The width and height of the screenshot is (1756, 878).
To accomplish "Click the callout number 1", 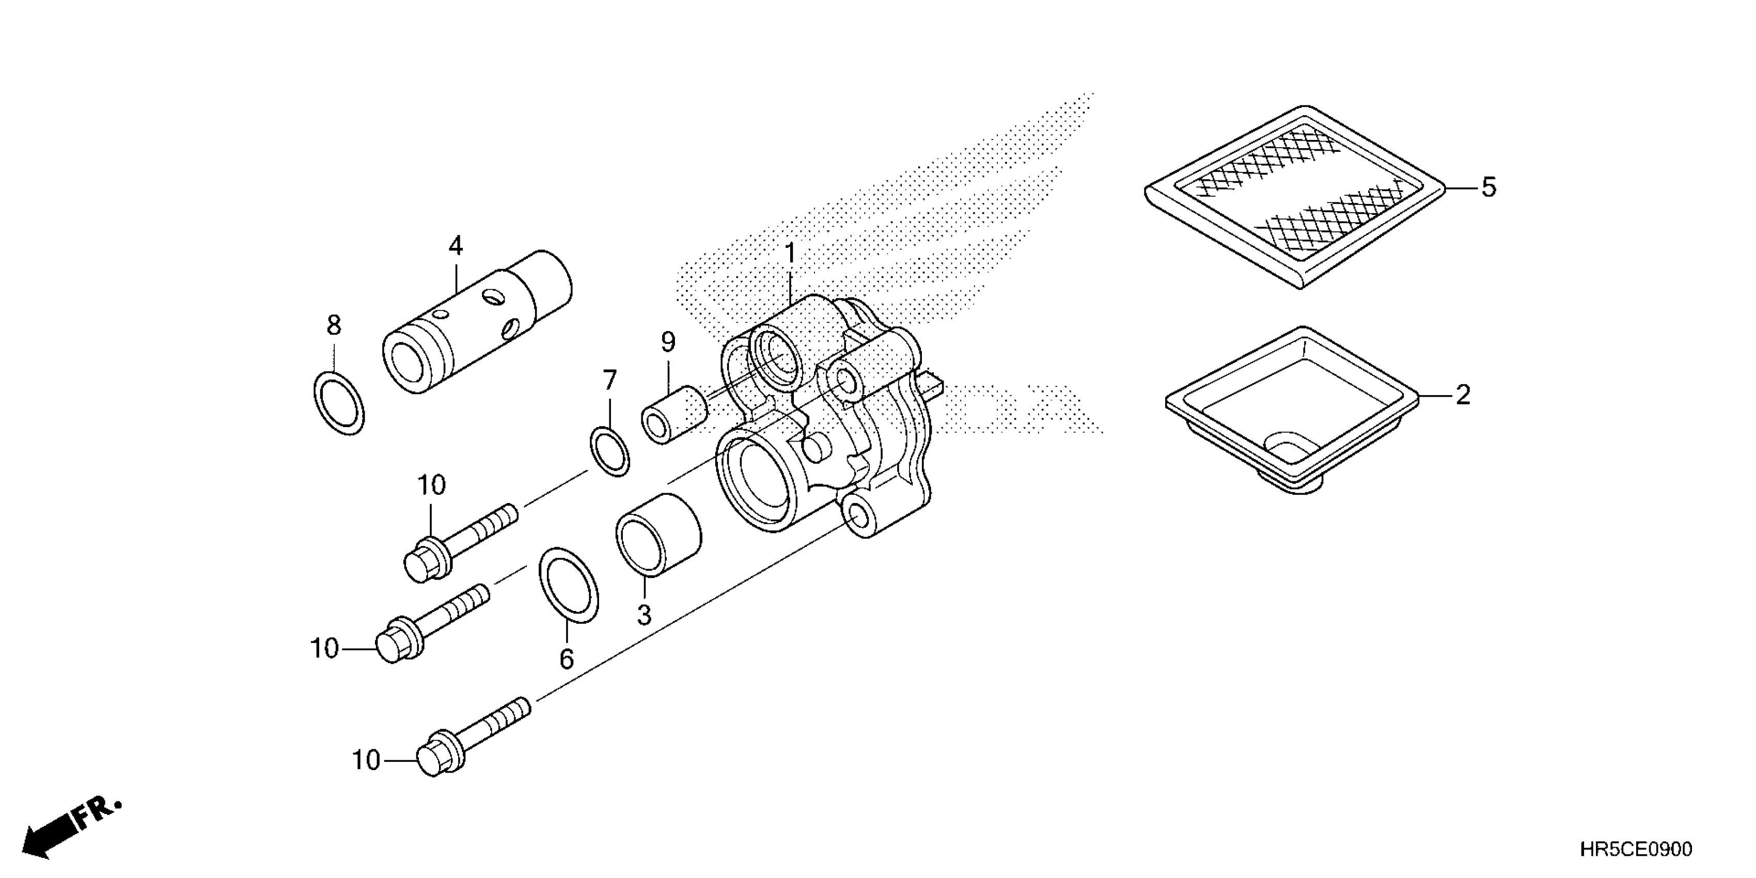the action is click(790, 254).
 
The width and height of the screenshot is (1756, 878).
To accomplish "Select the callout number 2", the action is click(1462, 396).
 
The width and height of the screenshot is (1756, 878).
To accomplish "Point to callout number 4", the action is click(456, 246).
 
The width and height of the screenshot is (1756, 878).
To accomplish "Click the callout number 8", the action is click(333, 326).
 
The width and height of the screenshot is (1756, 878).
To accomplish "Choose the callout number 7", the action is click(609, 380).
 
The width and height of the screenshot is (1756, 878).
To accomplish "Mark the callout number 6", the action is click(567, 659).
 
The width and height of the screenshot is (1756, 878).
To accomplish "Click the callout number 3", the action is click(644, 615).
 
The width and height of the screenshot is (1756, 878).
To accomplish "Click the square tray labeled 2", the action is click(1292, 409).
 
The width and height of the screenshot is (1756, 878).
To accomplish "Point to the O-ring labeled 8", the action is click(339, 403).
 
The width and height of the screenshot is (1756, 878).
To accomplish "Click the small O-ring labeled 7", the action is click(610, 451).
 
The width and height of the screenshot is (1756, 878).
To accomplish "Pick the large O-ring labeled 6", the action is click(569, 584).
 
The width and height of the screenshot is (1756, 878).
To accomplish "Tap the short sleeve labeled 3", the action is click(658, 535).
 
